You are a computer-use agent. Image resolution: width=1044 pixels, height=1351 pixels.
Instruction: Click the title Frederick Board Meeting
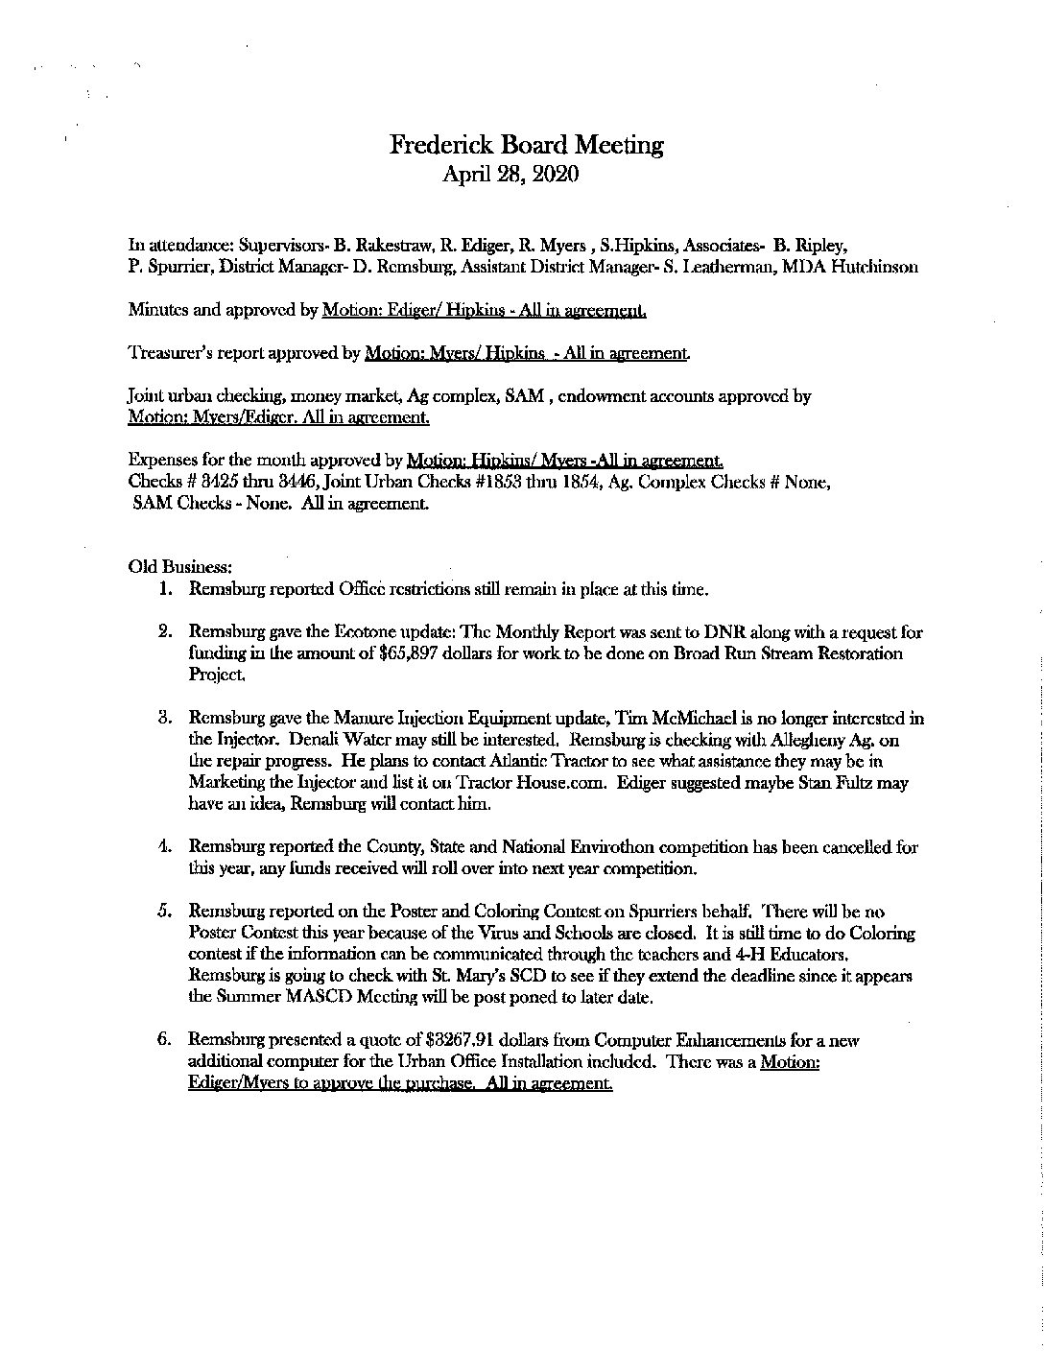(x=526, y=145)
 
